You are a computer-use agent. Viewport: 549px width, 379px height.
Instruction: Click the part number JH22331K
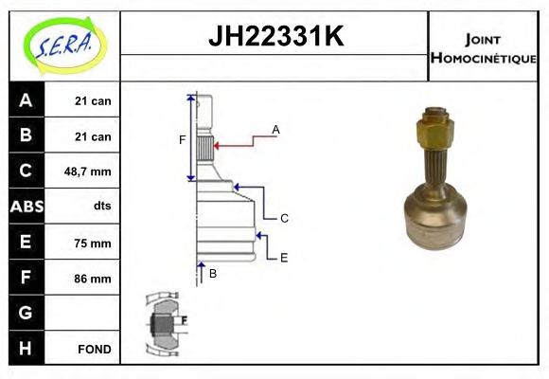pyautogui.click(x=274, y=37)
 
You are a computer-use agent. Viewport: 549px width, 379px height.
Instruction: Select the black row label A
pyautogui.click(x=26, y=100)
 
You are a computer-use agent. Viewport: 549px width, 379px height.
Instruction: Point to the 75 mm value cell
pyautogui.click(x=93, y=243)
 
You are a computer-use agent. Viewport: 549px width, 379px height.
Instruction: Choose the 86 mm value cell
pyautogui.click(x=93, y=279)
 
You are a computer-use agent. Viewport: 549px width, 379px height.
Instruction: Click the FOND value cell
pyautogui.click(x=93, y=349)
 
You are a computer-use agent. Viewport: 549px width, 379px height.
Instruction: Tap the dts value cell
pyautogui.click(x=100, y=207)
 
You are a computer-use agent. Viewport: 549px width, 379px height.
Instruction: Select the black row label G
pyautogui.click(x=26, y=313)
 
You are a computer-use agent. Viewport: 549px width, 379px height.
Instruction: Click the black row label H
pyautogui.click(x=26, y=348)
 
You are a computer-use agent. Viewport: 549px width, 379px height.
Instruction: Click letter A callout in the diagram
pyautogui.click(x=275, y=129)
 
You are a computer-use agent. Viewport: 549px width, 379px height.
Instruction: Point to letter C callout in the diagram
pyautogui.click(x=284, y=218)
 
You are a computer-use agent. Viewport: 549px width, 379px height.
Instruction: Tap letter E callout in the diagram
pyautogui.click(x=284, y=257)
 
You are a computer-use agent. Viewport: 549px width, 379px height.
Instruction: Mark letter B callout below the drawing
pyautogui.click(x=213, y=274)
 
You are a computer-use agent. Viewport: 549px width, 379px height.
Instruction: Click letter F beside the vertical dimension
pyautogui.click(x=183, y=140)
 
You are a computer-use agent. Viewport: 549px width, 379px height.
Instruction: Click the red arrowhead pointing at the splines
pyautogui.click(x=218, y=146)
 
